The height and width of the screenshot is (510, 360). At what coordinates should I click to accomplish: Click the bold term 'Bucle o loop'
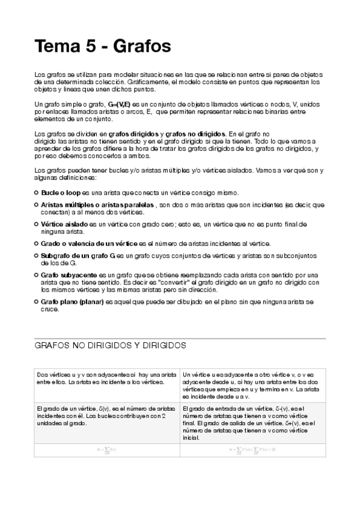tap(60, 192)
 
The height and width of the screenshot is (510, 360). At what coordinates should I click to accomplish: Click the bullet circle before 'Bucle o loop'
tap(36, 192)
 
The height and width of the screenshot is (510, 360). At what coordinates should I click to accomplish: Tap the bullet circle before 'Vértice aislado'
tap(36, 224)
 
